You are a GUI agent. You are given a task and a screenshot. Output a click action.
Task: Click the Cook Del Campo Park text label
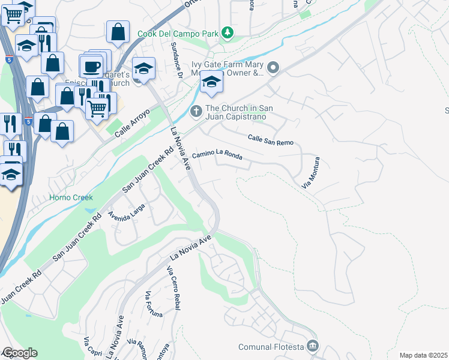click(178, 33)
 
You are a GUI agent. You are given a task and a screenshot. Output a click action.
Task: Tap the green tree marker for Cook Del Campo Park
click(228, 32)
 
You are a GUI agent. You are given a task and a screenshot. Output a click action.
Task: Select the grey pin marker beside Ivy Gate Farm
click(273, 67)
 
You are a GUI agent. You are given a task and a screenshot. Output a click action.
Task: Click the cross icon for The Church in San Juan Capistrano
click(196, 112)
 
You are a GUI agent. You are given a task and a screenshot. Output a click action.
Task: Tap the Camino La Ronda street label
click(217, 157)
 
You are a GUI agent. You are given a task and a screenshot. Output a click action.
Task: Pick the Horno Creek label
click(67, 197)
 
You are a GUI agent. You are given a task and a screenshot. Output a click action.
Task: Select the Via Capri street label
click(91, 347)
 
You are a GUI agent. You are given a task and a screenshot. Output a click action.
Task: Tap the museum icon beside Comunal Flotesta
click(312, 346)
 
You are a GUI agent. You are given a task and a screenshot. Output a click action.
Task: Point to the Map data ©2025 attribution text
click(423, 355)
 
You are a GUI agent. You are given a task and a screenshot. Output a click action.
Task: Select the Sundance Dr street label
click(176, 59)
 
